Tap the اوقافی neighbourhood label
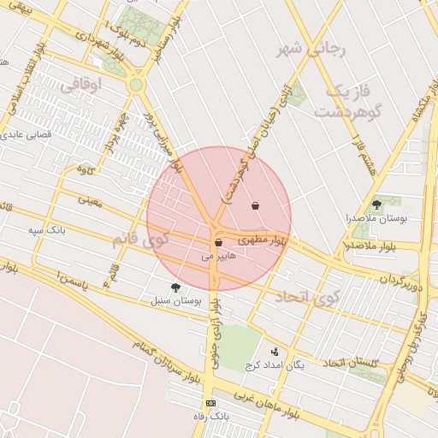82,84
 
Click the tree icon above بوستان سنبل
175,287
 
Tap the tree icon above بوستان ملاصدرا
376,204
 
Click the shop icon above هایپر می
219,243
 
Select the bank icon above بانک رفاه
210,403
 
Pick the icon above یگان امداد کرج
275,351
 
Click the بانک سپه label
47,231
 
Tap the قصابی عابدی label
29,134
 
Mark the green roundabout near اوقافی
135,85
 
